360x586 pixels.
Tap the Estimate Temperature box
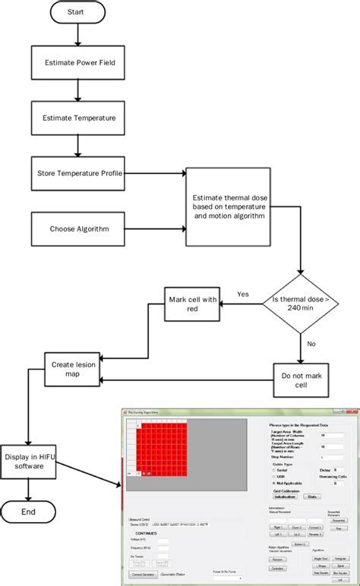click(x=78, y=118)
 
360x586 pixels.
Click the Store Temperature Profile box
click(x=78, y=173)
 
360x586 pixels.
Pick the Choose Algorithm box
click(x=78, y=228)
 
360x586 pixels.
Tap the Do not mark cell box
click(x=302, y=379)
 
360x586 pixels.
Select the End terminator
click(x=29, y=512)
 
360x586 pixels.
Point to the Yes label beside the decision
click(x=243, y=294)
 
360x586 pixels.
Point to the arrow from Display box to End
click(x=29, y=490)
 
